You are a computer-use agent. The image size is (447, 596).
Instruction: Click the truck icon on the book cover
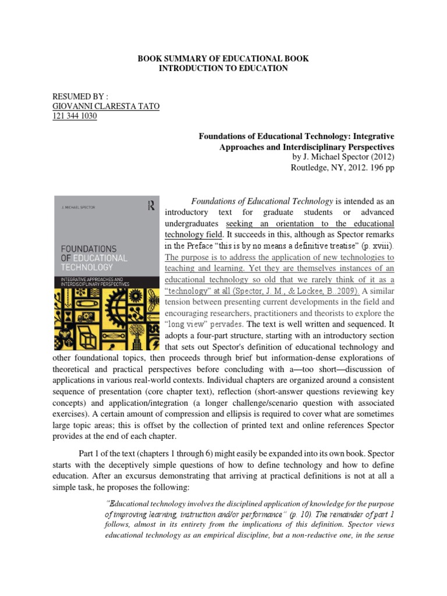coord(87,317)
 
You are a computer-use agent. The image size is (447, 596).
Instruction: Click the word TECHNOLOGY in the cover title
coord(87,267)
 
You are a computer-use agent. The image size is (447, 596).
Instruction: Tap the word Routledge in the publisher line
coord(311,168)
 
